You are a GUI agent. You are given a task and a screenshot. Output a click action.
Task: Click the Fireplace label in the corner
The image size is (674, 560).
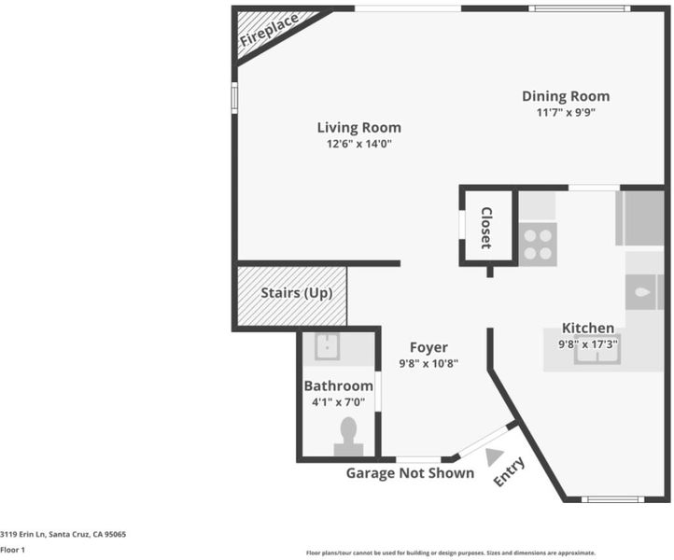click(x=269, y=30)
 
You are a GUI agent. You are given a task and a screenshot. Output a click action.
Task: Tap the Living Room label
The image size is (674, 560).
click(x=358, y=128)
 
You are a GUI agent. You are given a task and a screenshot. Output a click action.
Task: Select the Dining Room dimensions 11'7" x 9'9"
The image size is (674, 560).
click(x=566, y=113)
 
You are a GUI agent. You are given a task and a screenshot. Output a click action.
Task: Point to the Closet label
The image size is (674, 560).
click(x=486, y=228)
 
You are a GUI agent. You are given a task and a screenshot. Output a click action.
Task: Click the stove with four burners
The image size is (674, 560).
click(x=538, y=245)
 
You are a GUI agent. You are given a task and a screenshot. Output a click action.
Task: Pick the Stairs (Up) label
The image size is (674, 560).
click(x=297, y=293)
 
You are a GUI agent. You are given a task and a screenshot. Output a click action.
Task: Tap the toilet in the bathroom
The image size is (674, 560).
click(x=348, y=437)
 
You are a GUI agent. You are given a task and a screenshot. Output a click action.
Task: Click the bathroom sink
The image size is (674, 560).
click(x=328, y=346)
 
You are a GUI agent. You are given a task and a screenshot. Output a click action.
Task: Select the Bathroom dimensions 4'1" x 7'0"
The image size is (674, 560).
click(x=338, y=402)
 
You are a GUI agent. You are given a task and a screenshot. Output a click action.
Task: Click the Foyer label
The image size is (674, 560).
click(x=428, y=347)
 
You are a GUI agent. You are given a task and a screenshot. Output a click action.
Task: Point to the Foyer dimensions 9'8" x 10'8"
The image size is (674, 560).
click(x=428, y=364)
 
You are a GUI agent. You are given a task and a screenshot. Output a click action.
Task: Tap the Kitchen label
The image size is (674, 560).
click(x=588, y=328)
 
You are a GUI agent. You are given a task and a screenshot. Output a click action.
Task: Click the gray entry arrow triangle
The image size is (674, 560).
click(x=494, y=456)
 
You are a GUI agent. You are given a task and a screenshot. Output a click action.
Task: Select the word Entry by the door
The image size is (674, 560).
click(x=510, y=472)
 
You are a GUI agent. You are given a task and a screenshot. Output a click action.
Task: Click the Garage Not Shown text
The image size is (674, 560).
click(x=410, y=473)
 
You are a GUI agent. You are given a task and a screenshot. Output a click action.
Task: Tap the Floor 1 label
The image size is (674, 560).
click(x=12, y=550)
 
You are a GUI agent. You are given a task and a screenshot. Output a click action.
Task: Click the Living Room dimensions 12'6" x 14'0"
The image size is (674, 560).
click(x=358, y=144)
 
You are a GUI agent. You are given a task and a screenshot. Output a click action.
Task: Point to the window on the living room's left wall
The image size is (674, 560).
click(x=234, y=98)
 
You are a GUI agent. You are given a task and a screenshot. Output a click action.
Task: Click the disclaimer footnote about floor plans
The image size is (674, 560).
click(x=451, y=553)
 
